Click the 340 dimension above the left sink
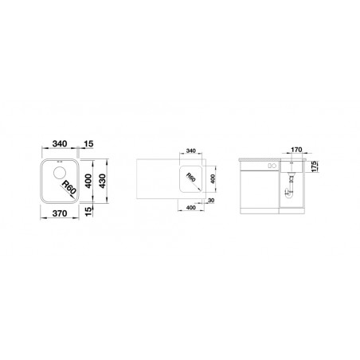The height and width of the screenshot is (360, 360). [x=60, y=143]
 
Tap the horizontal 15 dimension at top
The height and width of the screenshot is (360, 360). [x=88, y=143]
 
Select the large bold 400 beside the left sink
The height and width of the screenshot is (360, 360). [x=88, y=181]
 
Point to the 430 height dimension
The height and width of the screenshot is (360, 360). [x=102, y=181]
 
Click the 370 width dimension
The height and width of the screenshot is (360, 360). [x=60, y=213]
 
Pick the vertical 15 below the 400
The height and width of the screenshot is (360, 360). [x=89, y=211]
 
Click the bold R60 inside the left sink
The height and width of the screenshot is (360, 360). [x=68, y=187]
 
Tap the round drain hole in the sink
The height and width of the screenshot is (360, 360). [x=59, y=173]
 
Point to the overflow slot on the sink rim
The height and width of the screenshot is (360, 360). [x=59, y=161]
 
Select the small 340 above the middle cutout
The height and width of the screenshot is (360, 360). [x=191, y=151]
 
